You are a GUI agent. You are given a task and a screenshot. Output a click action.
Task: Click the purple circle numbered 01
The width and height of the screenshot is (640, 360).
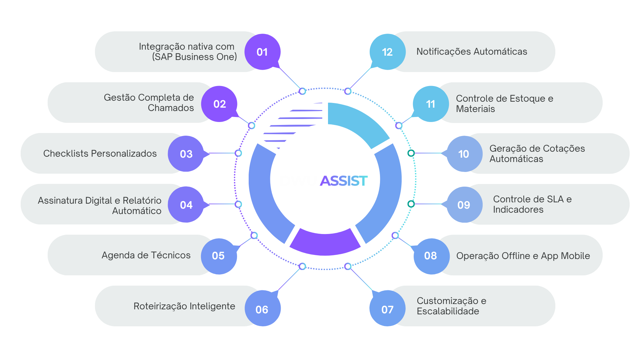(262, 52)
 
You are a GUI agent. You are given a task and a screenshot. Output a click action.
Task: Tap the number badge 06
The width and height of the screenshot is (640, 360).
(262, 309)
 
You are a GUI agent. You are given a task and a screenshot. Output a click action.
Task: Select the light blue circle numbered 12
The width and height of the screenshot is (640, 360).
(387, 52)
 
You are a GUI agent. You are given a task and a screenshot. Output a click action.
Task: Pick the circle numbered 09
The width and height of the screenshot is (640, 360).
(464, 205)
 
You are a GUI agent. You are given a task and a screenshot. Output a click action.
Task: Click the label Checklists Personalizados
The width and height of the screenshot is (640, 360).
(100, 153)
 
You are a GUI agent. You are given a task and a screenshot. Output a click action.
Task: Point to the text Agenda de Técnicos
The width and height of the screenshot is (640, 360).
(146, 255)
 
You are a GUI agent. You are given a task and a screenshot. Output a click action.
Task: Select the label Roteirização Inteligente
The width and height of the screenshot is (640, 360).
(184, 306)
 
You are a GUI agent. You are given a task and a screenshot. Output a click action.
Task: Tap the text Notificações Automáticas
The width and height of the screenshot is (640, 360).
(472, 52)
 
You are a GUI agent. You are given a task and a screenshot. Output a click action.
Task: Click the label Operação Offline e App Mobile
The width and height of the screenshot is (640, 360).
(523, 256)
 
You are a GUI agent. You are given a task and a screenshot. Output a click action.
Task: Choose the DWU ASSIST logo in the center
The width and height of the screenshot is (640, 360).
(324, 181)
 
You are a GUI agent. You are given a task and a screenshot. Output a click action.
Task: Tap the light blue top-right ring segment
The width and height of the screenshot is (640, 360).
(357, 122)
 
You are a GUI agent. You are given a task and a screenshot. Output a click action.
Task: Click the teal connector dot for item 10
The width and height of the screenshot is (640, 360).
(411, 153)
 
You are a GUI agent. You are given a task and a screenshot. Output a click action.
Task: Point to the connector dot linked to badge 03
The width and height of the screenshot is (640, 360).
(238, 153)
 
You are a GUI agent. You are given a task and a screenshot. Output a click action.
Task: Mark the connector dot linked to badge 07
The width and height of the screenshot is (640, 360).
(348, 266)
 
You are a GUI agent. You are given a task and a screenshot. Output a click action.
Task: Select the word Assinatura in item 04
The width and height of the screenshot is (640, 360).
(59, 200)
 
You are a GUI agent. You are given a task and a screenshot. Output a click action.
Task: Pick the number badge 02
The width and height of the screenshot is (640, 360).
(219, 104)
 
